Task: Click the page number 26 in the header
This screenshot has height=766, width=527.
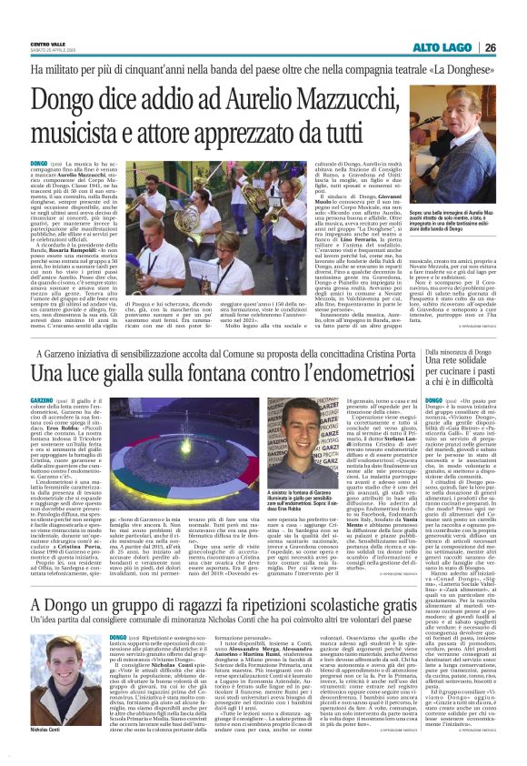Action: coord(513,47)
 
